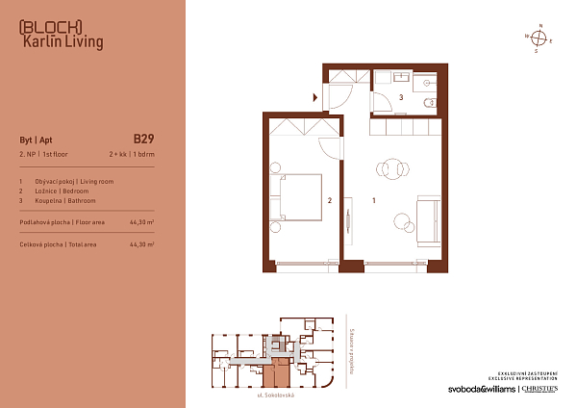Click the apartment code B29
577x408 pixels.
(x=143, y=138)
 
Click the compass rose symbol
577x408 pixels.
(x=539, y=39)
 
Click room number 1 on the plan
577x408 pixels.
(x=373, y=201)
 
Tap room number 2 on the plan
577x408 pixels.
(x=330, y=201)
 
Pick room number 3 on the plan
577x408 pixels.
(x=400, y=97)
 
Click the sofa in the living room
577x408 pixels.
(x=428, y=213)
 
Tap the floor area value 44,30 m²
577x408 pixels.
(x=141, y=222)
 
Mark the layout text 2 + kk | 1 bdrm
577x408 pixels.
(x=131, y=154)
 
